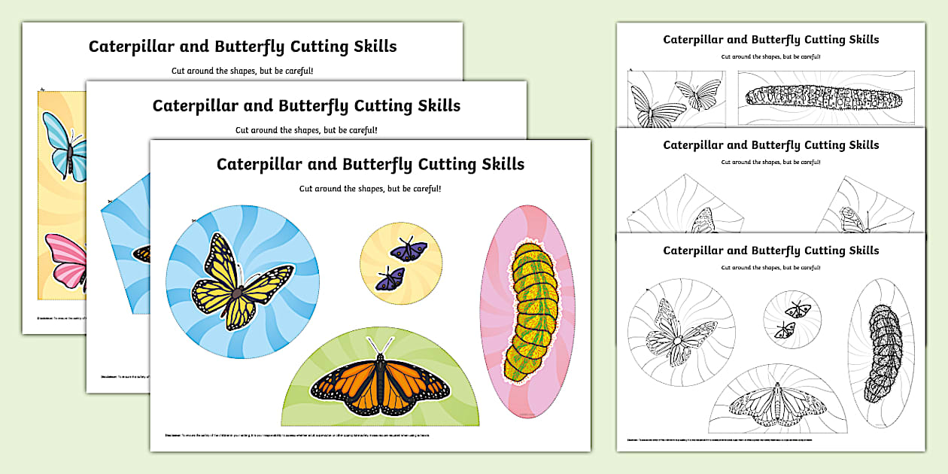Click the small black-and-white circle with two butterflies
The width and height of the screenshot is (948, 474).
pos(792,321)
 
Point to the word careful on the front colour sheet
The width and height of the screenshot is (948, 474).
pos(421,189)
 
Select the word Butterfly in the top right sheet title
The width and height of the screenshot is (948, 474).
pos(780,39)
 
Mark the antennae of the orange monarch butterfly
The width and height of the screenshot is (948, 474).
pos(381,345)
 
